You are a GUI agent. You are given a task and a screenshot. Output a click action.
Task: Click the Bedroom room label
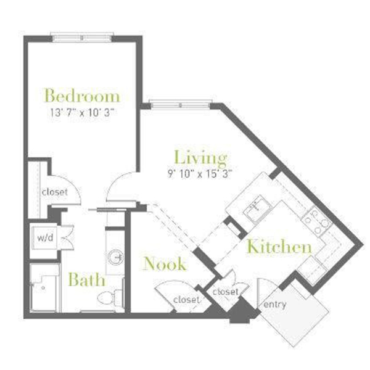tap(82, 96)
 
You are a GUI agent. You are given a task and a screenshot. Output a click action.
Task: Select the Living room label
tap(200, 157)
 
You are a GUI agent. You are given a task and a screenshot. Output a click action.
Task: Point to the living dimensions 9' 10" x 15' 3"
tap(200, 174)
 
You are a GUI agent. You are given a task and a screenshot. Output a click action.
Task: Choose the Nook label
tap(165, 263)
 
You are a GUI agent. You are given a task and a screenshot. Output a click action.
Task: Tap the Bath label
tap(86, 279)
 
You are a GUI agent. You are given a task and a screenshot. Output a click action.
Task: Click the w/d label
tap(45, 237)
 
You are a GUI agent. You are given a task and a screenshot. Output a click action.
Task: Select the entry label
tap(274, 305)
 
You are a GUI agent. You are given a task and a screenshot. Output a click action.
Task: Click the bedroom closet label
tap(55, 192)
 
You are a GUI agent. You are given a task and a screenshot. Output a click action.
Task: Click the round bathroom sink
tap(116, 257)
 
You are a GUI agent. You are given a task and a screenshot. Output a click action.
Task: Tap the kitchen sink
tap(257, 208)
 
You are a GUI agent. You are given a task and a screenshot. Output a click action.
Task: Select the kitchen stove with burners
tap(316, 221)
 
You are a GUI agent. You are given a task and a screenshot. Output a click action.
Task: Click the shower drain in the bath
tap(43, 288)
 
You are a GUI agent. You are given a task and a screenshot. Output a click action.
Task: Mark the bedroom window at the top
tap(82, 38)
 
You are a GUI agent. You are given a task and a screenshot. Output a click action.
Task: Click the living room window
tap(181, 105)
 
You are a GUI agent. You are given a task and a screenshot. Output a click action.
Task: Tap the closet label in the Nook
tap(187, 300)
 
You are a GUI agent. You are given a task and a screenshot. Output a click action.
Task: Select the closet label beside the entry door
tap(225, 292)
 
